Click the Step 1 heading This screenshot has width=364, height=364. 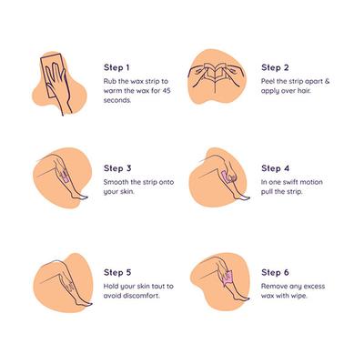[x=116, y=67]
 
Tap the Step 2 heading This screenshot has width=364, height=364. [x=275, y=67]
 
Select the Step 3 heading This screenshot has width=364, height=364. [x=117, y=168]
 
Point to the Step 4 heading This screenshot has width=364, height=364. [x=276, y=168]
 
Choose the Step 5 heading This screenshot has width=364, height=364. [x=117, y=272]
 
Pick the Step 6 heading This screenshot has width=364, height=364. [x=275, y=272]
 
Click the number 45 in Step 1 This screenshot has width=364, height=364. [x=167, y=91]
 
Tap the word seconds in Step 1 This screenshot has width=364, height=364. [x=117, y=100]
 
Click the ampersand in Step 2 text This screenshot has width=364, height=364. [x=327, y=81]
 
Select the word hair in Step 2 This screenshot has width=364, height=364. [x=303, y=91]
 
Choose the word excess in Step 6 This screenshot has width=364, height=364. [x=314, y=286]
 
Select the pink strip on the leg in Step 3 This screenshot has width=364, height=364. [x=66, y=177]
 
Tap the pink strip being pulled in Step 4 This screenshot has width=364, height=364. [x=226, y=177]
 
